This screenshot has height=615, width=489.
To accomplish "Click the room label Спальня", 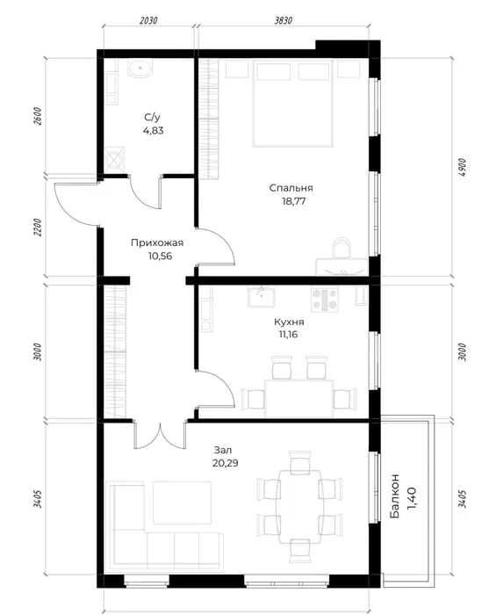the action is (291, 188).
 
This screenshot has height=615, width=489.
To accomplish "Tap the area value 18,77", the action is (293, 201).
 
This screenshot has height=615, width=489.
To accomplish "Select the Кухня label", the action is (289, 322).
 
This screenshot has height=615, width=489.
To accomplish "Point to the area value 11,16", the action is (288, 335).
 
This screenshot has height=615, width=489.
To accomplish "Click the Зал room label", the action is (223, 450).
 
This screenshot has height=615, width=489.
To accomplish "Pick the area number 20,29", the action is (226, 463).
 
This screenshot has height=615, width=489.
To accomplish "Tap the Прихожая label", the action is (157, 243).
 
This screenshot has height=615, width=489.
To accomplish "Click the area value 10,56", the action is (161, 257).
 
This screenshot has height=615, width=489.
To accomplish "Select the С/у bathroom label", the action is (153, 117).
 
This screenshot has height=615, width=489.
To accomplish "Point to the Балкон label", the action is (395, 496).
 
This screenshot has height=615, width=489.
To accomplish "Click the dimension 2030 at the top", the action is (148, 20).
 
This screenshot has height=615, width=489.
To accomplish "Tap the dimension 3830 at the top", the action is (283, 20).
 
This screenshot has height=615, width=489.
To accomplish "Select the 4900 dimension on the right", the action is (463, 167).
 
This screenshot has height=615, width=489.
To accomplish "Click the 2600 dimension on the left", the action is (37, 116).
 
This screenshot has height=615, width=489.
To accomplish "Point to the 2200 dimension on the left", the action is (37, 228).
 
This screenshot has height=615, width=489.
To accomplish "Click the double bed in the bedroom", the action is (293, 104).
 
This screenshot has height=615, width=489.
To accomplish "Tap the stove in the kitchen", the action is (325, 300).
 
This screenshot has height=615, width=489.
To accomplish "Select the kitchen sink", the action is (261, 297).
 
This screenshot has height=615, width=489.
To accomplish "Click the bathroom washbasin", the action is (140, 69).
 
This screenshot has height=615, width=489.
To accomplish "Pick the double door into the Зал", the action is (160, 435).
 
